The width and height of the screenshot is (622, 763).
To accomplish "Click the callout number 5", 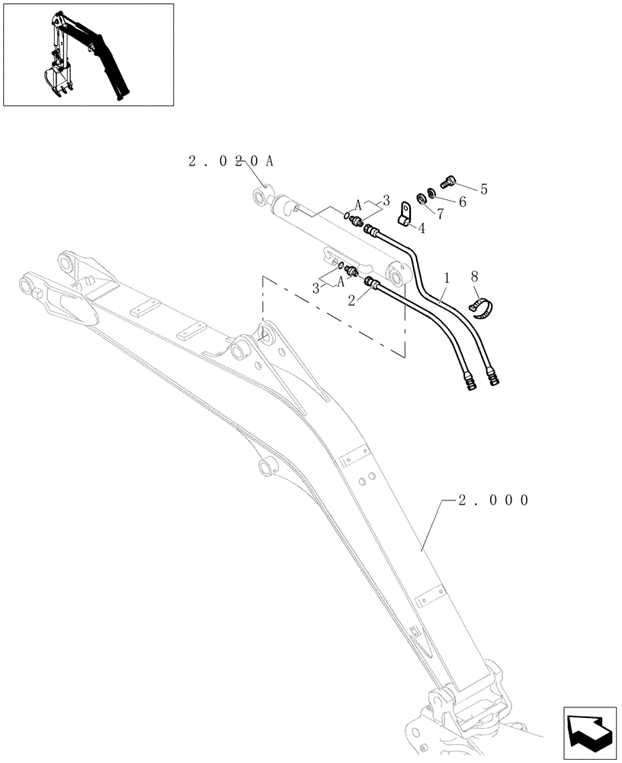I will [483, 188].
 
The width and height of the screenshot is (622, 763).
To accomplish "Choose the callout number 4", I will [421, 227].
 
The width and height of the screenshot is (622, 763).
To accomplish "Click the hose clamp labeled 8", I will [481, 307].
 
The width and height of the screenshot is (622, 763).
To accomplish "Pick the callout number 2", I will [351, 301].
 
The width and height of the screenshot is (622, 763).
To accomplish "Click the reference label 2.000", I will [493, 501].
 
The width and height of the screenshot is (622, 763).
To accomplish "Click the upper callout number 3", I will [386, 200].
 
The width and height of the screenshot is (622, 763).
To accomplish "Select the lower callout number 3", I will [315, 288].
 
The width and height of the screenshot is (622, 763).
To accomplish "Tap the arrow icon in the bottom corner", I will [588, 732].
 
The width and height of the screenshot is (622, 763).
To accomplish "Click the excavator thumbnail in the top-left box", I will [88, 54].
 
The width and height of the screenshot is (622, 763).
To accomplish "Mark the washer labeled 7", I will [422, 199].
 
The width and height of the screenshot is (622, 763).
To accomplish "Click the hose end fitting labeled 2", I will [374, 284].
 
